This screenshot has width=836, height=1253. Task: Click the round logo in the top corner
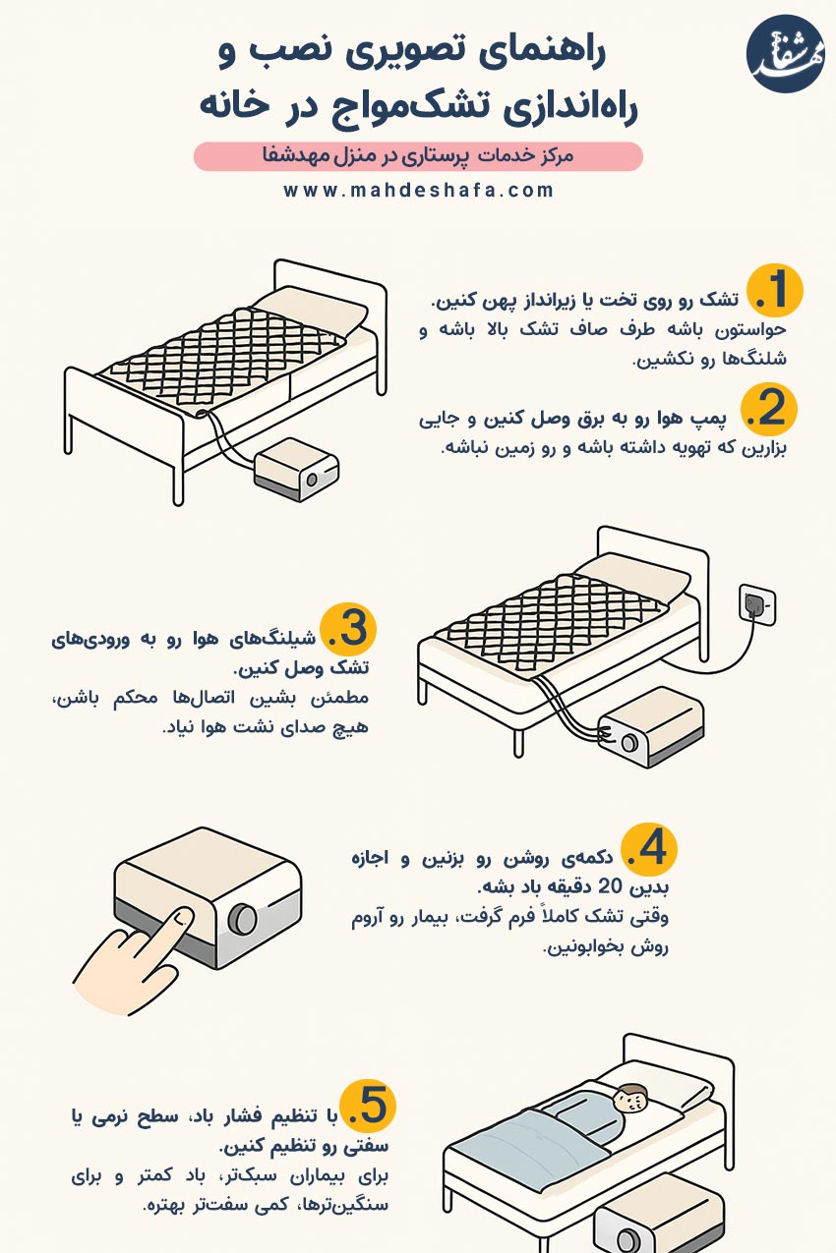785,54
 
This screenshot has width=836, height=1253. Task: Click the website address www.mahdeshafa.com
418,191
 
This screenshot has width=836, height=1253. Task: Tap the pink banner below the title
418,156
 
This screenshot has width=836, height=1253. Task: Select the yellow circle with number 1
776,291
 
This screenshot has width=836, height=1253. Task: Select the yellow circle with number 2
769,410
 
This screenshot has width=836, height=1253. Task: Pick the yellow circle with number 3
349,629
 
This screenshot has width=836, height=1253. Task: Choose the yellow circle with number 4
649,850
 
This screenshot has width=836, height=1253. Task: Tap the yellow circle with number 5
368,1106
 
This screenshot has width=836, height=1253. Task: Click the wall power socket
757,604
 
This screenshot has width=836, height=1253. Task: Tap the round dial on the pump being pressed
243,919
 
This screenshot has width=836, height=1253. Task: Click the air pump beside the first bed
297,469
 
